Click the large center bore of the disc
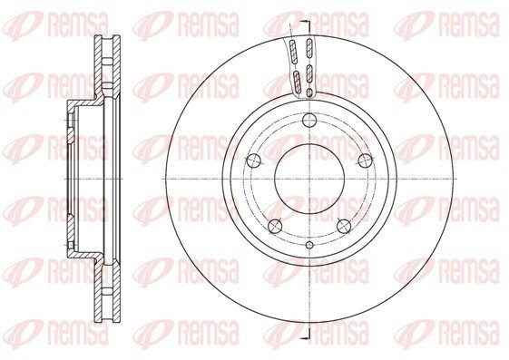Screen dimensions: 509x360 click(x=309, y=179)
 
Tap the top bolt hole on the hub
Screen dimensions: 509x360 click(x=309, y=121)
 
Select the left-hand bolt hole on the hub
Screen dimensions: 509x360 click(x=253, y=161)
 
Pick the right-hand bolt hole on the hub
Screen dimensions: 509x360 click(x=365, y=161)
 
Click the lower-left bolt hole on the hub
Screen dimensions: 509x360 click(x=275, y=226)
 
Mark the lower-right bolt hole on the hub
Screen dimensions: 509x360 click(x=344, y=226)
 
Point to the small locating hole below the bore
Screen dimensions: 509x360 click(x=309, y=245)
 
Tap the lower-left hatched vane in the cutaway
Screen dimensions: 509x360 click(x=297, y=82)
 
